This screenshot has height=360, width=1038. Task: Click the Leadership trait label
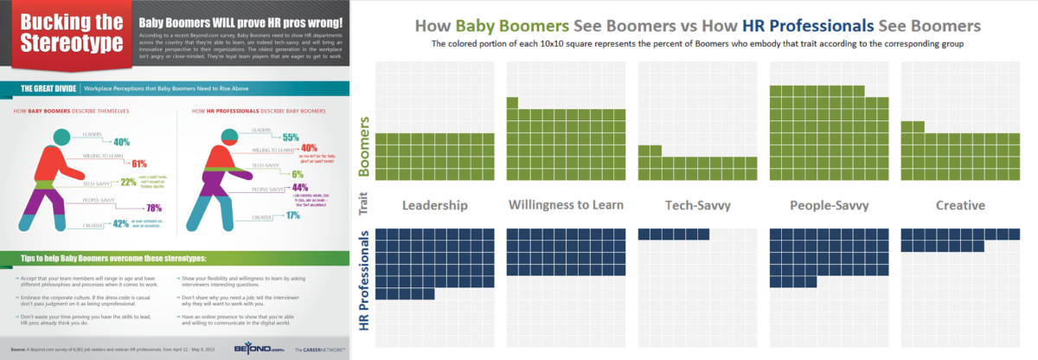click(x=435, y=206)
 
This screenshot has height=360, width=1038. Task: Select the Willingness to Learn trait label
click(x=566, y=206)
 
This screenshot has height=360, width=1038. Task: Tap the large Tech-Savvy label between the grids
click(x=697, y=206)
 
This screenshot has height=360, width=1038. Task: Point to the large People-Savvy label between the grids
click(x=829, y=206)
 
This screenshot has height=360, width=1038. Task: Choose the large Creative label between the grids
click(x=960, y=206)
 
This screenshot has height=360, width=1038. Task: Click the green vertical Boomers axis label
click(x=364, y=147)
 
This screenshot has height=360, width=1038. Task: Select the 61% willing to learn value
click(x=139, y=163)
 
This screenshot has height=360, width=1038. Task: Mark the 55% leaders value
click(x=291, y=137)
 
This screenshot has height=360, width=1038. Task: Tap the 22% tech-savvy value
click(x=128, y=182)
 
